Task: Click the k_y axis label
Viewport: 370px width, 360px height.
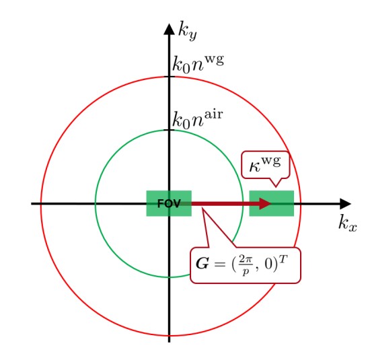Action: pyautogui.click(x=188, y=31)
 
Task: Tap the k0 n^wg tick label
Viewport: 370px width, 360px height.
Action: pyautogui.click(x=198, y=64)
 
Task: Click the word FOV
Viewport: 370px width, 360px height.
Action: pyautogui.click(x=169, y=203)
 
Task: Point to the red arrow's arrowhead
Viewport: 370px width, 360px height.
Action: pyautogui.click(x=265, y=203)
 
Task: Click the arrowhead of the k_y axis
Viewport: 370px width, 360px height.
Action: pyautogui.click(x=169, y=30)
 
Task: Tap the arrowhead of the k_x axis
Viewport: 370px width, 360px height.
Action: pyautogui.click(x=346, y=203)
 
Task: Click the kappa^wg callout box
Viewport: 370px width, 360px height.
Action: pyautogui.click(x=266, y=165)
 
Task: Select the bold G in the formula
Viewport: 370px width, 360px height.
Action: pyautogui.click(x=202, y=264)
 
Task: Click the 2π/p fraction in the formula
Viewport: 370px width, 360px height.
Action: pyautogui.click(x=246, y=265)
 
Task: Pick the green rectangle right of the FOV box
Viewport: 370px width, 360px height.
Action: pyautogui.click(x=272, y=203)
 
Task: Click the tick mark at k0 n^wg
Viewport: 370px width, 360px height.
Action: pyautogui.click(x=169, y=77)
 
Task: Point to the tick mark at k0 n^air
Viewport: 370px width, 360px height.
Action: pyautogui.click(x=169, y=130)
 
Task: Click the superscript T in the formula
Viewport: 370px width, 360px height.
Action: pyautogui.click(x=283, y=259)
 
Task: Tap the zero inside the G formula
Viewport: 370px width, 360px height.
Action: pyautogui.click(x=268, y=264)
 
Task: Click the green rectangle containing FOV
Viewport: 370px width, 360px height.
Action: pyautogui.click(x=169, y=203)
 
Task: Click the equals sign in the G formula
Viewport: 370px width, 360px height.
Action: pyautogui.click(x=219, y=264)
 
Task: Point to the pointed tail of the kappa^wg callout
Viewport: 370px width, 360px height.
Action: pyautogui.click(x=276, y=186)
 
